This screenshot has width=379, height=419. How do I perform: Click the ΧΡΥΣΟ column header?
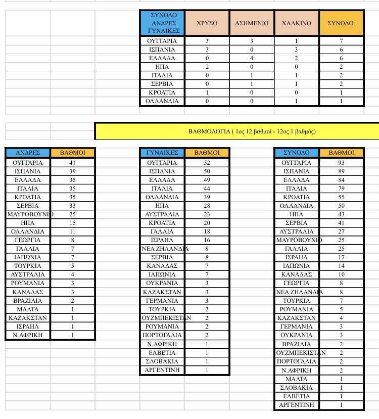pyautogui.click(x=207, y=23)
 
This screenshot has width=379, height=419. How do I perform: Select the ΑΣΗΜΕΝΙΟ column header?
pyautogui.click(x=251, y=23)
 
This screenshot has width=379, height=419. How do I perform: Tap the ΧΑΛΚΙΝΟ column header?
pyautogui.click(x=296, y=23)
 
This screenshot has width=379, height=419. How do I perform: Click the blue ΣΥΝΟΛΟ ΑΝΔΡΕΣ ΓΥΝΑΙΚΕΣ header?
pyautogui.click(x=162, y=23)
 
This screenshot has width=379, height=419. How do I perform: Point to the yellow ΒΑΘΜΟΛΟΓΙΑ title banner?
pyautogui.click(x=236, y=131)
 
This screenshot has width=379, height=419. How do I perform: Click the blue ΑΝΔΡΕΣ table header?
pyautogui.click(x=28, y=153)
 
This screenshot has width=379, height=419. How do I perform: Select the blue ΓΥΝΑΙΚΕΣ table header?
pyautogui.click(x=162, y=153)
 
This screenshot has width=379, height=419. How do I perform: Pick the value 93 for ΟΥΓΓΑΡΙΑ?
pyautogui.click(x=341, y=163)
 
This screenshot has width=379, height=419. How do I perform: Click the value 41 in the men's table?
pyautogui.click(x=73, y=163)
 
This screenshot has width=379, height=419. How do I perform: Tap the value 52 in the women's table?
pyautogui.click(x=207, y=163)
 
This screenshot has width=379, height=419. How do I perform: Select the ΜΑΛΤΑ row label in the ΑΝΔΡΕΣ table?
pyautogui.click(x=28, y=309)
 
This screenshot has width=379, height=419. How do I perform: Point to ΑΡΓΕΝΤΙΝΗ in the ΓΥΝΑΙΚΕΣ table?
pyautogui.click(x=162, y=370)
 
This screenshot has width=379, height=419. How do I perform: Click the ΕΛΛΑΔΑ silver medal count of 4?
pyautogui.click(x=251, y=58)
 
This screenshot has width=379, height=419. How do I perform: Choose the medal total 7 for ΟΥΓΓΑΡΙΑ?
pyautogui.click(x=342, y=40)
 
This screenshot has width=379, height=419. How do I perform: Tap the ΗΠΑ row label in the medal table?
pyautogui.click(x=162, y=67)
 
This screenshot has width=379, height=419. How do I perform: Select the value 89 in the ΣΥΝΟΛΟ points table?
pyautogui.click(x=341, y=171)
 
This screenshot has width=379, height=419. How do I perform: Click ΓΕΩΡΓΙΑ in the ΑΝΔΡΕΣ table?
pyautogui.click(x=28, y=240)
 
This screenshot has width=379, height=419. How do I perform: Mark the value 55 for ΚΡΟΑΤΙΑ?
pyautogui.click(x=341, y=197)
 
